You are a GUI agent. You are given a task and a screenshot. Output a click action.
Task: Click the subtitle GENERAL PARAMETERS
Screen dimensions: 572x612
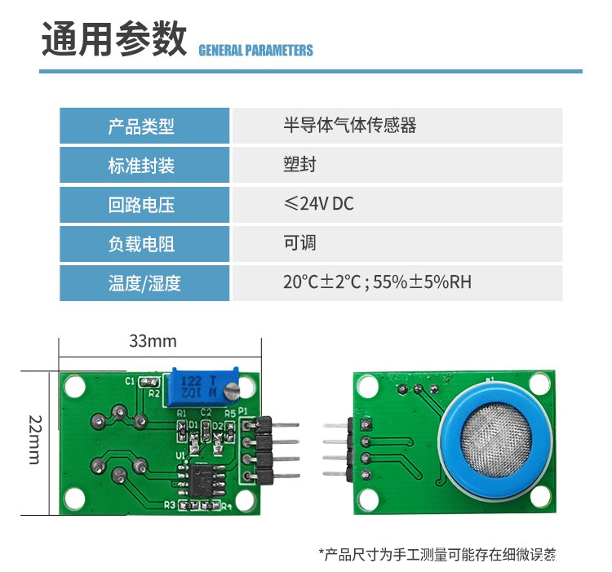255,51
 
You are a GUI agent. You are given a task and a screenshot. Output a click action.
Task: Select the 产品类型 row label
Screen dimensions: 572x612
141,126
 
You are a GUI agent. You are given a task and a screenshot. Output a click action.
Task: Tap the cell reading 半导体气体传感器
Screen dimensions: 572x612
349,126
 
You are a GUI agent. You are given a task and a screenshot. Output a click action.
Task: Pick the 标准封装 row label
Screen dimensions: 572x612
141,166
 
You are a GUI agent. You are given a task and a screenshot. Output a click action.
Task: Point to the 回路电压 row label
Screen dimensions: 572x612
141,205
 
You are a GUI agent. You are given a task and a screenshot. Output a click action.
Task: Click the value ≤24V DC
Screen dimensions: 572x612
318,204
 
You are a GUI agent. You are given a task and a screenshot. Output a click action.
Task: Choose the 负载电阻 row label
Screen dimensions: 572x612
141,244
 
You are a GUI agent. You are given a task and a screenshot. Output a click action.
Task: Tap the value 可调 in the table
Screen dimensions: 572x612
299,243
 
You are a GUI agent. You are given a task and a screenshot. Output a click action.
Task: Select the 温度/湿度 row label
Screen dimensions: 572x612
144,283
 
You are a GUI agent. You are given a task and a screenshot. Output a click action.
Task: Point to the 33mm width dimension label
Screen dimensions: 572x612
153,340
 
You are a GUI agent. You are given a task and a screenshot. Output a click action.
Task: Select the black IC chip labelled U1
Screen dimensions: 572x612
198,479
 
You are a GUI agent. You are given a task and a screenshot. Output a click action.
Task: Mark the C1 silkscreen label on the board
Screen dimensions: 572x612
130,381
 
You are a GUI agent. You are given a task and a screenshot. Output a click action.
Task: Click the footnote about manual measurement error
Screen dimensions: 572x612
437,555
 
